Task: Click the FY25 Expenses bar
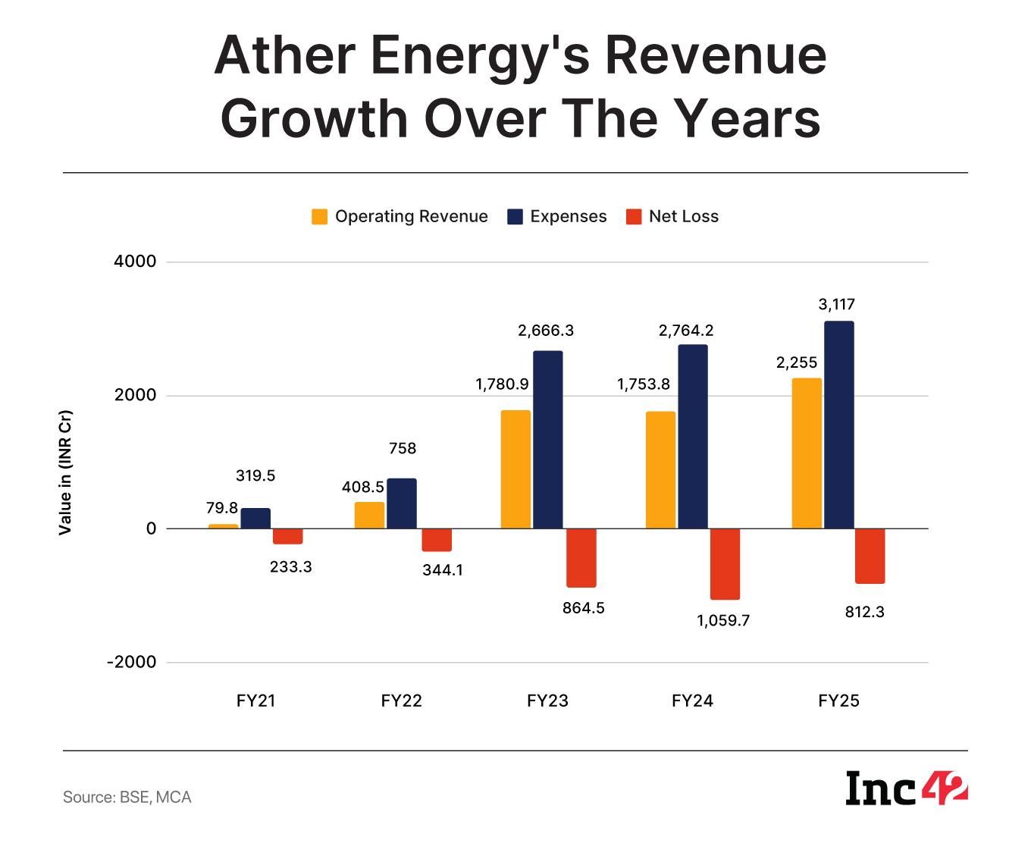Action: coord(839,425)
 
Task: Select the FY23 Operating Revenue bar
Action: coord(515,469)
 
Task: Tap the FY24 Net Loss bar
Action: coord(725,564)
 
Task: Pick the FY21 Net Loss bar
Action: coord(288,536)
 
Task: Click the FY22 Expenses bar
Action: coord(402,503)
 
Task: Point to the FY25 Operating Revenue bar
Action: coord(807,453)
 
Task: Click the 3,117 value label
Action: coord(836,304)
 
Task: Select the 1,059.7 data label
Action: coord(723,620)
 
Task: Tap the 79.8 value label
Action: coord(221,508)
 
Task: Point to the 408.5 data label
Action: coord(363,488)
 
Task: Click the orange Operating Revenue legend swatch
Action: coord(319,217)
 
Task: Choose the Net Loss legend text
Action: coord(683,216)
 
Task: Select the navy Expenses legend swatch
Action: coord(515,217)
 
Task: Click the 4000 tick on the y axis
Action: coord(135,262)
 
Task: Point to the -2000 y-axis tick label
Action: coord(131,662)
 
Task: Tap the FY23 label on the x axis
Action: coord(547,701)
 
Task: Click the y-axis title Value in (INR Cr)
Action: coord(65,472)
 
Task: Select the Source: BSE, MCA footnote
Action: coord(127,797)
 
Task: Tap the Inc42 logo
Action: coord(907,789)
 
